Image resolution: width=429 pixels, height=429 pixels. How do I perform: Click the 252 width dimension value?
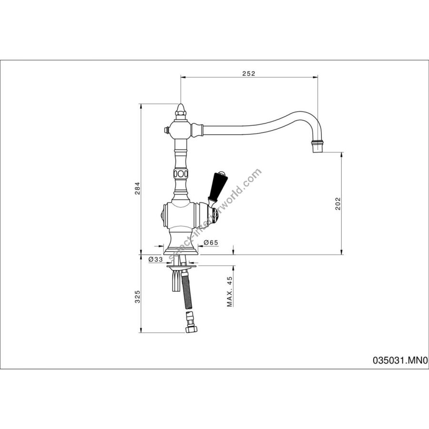coord(248,73)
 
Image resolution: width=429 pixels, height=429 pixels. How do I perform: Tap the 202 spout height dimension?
coord(338,203)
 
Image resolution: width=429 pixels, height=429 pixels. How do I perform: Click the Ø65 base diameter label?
coord(211,242)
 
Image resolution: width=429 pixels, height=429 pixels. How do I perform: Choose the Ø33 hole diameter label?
coord(155,259)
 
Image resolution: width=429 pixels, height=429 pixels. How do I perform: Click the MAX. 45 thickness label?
coord(230,291)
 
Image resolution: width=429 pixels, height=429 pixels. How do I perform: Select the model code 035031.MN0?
coord(400,361)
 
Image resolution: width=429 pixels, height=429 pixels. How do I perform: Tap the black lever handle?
coord(217,186)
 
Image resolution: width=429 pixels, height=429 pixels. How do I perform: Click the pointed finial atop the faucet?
coord(181,110)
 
